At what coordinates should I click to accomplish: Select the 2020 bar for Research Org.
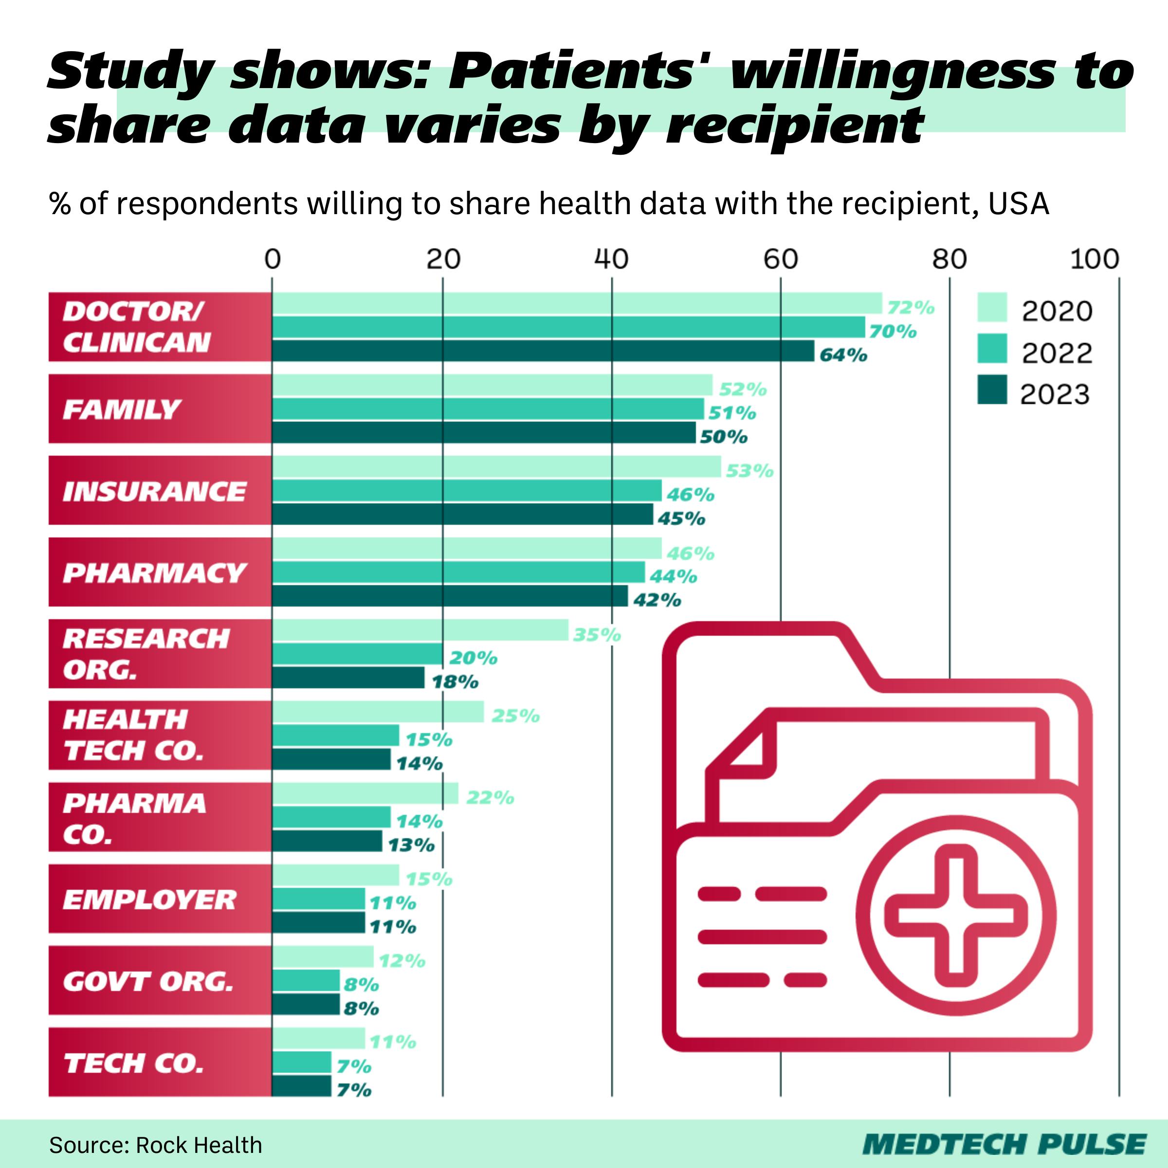tap(420, 630)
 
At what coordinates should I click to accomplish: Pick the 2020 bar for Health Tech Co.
tap(378, 712)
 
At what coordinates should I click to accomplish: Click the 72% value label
tap(911, 308)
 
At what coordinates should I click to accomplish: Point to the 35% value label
tap(597, 635)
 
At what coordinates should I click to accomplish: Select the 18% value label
tap(455, 682)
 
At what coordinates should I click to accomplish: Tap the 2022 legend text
tap(1057, 353)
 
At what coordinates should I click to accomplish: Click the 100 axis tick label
tap(1094, 259)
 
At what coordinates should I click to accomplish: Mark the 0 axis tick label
tap(273, 259)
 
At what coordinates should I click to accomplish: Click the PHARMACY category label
tap(154, 572)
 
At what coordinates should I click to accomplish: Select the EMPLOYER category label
tap(149, 899)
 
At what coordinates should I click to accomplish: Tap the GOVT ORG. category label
tap(147, 981)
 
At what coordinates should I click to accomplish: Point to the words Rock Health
tap(199, 1145)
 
